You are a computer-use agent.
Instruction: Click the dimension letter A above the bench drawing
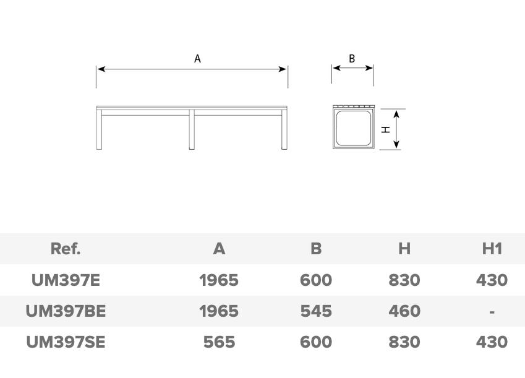pos(197,59)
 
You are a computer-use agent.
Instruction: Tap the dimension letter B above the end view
pos(352,59)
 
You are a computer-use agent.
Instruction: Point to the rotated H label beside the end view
pos(386,129)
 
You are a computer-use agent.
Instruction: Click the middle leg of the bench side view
pos(192,129)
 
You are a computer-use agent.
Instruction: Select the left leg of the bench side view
pos(99,129)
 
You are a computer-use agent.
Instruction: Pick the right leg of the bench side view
pos(284,129)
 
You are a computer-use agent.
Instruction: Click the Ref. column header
pos(66,249)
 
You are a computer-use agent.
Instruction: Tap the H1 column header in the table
pos(492,249)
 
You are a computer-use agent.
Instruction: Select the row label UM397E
pos(66,280)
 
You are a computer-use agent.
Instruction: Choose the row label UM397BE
pos(66,311)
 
